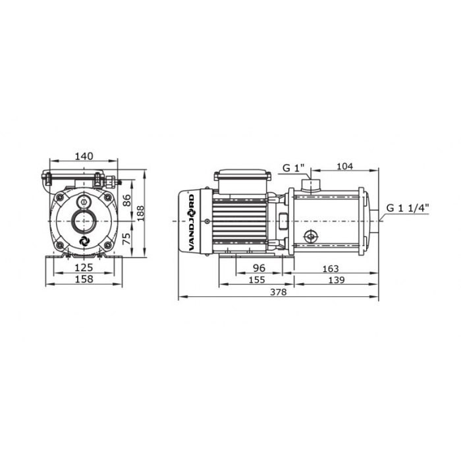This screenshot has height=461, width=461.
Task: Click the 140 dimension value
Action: click(84, 156)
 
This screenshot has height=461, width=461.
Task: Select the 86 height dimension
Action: click(126, 200)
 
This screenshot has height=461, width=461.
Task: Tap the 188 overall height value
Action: click(140, 213)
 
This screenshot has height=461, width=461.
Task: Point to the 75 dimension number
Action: click(126, 238)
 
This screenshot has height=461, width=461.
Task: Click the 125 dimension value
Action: click(84, 267)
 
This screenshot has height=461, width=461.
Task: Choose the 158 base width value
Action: click(84, 279)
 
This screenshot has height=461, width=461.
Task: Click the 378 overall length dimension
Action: click(278, 292)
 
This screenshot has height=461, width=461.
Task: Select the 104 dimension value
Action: click(344, 167)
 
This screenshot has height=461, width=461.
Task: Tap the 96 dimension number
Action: click(259, 268)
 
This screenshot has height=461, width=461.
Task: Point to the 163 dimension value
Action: click(331, 269)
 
